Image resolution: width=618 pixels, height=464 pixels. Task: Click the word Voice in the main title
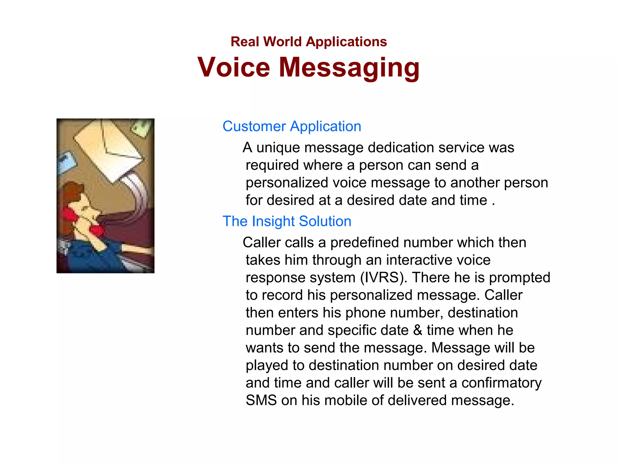click(234, 67)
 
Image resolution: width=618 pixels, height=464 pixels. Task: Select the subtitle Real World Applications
click(309, 42)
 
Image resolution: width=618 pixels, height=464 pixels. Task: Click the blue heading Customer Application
click(292, 126)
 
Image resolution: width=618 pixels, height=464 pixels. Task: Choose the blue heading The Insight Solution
click(287, 221)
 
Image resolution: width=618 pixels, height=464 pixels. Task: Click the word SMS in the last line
click(261, 400)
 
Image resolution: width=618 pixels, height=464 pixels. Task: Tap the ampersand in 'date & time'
click(418, 330)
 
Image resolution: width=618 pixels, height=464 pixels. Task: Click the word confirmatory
click(501, 383)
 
